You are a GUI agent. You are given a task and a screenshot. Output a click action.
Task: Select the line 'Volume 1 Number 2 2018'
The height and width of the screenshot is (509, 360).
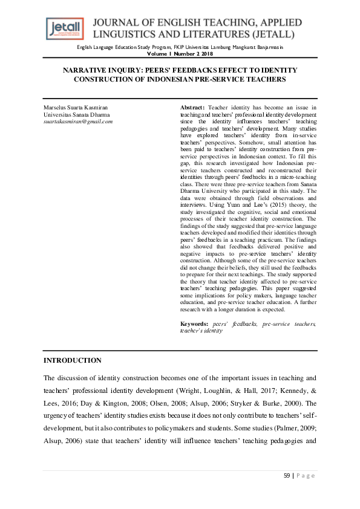click(x=180, y=53)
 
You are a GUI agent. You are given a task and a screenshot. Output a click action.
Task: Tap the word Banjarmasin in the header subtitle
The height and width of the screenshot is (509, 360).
click(x=267, y=47)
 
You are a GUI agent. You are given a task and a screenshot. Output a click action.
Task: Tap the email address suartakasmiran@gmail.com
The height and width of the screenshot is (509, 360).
click(x=78, y=122)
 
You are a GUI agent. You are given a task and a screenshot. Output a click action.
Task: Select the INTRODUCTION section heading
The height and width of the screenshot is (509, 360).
click(x=73, y=361)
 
